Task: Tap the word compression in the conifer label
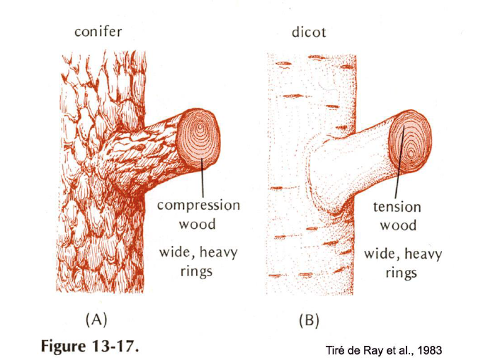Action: pyautogui.click(x=198, y=206)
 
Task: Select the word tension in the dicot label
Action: pyautogui.click(x=397, y=208)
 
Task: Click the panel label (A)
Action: pyautogui.click(x=97, y=319)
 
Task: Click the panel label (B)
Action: pyautogui.click(x=308, y=320)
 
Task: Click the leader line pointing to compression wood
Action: pyautogui.click(x=204, y=177)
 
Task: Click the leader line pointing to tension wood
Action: pyautogui.click(x=398, y=177)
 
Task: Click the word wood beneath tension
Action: pyautogui.click(x=398, y=226)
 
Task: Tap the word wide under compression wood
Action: pyautogui.click(x=180, y=252)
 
